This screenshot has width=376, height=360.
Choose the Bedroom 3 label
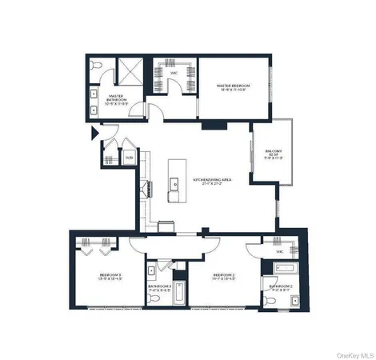(x=109, y=277)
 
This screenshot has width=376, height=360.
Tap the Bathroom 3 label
(x=159, y=287)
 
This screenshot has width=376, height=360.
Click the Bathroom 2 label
(x=281, y=287)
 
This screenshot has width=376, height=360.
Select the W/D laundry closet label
(x=129, y=158)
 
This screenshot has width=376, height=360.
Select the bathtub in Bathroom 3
(x=181, y=294)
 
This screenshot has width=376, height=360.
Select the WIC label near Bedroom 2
(x=280, y=251)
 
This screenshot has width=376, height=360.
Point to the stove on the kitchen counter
(x=147, y=190)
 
